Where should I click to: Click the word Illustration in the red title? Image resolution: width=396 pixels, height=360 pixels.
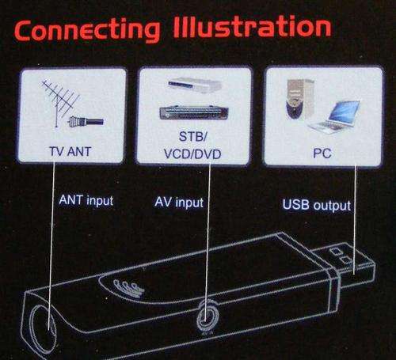point(252,27)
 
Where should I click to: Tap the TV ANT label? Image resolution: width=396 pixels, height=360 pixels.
point(70,152)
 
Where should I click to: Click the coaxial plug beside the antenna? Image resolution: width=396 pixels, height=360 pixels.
point(86,122)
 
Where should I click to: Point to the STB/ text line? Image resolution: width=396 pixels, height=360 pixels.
point(193,137)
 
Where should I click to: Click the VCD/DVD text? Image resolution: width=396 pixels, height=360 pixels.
point(192,154)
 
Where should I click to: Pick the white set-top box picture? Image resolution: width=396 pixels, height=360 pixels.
point(195,85)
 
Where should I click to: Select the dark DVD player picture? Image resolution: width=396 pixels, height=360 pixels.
point(194,112)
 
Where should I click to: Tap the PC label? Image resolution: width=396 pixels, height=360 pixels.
point(322,153)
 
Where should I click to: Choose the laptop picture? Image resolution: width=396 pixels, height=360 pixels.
point(335,117)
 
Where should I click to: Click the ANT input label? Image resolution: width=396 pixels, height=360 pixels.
point(86,200)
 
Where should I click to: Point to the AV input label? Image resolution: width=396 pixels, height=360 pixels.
point(179,203)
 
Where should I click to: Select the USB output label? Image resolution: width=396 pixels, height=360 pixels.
point(317,205)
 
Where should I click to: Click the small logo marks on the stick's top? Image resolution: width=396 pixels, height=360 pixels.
point(128,287)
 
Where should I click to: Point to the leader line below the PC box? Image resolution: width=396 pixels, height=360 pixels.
point(355,220)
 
